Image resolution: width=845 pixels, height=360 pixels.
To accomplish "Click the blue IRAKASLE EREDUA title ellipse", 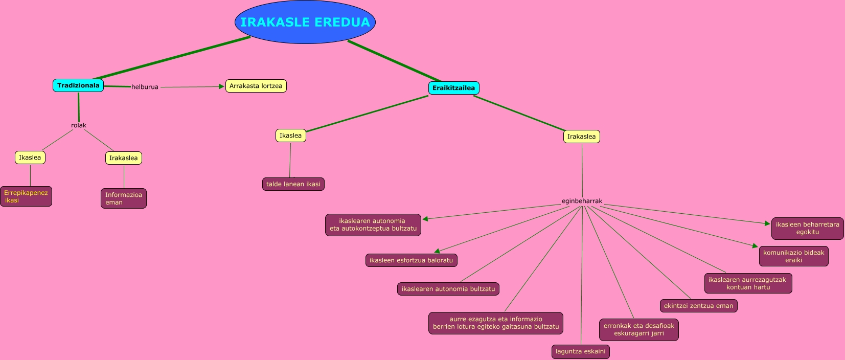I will pos(305,22).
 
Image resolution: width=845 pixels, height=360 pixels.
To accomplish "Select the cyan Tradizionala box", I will pos(78,85).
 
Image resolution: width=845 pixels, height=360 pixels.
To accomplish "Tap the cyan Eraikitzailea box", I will pos(453,88).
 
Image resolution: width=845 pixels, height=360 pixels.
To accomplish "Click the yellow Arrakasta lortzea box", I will pos(256,86).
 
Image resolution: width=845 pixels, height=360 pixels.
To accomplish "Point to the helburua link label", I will pos(145,87).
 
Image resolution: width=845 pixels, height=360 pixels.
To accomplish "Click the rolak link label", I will pos(79,125).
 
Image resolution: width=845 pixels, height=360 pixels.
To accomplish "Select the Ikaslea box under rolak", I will pos(30,157).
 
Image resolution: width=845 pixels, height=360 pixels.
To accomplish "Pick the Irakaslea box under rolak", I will pos(124,158).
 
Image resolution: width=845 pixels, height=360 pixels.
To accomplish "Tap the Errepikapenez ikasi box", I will pos(26,196).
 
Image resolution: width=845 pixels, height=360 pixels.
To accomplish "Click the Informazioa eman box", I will pos(124,198).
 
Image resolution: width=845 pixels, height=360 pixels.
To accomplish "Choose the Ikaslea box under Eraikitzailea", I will pos(290,136).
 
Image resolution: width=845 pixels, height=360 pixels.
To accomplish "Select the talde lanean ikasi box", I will pos(293,184).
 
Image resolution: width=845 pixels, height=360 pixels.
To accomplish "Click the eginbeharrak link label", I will pos(582,201).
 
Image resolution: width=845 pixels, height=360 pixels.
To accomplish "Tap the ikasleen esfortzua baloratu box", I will pos(411,260).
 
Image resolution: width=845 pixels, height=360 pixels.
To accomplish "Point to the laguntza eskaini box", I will pos(580,351).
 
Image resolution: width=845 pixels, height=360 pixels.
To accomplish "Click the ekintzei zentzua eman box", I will pos(698,306).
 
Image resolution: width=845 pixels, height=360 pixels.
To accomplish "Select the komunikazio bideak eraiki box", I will pos(793,256).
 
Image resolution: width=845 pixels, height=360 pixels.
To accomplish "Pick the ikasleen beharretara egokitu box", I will pos(807,228).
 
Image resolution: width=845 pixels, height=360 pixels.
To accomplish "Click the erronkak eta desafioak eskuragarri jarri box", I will pos(638,329).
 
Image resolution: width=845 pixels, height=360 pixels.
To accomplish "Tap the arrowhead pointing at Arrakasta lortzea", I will pos(221,86).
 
